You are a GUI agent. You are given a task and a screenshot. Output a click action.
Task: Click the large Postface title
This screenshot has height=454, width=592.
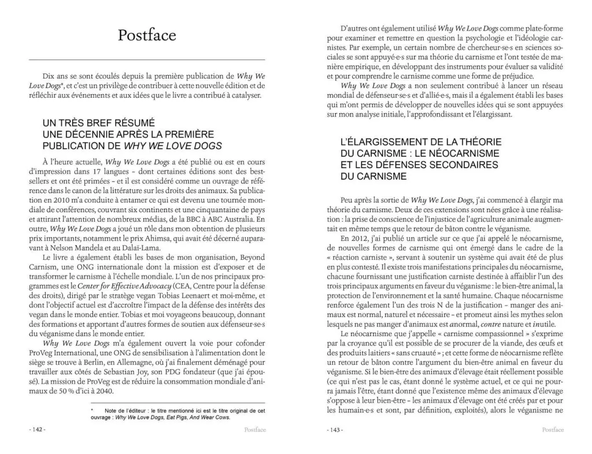pyautogui.click(x=147, y=35)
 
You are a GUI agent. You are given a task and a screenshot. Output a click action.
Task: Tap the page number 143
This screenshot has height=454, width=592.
pyautogui.click(x=335, y=430)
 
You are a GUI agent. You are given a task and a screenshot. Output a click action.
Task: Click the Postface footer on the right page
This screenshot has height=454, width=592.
pyautogui.click(x=553, y=430)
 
